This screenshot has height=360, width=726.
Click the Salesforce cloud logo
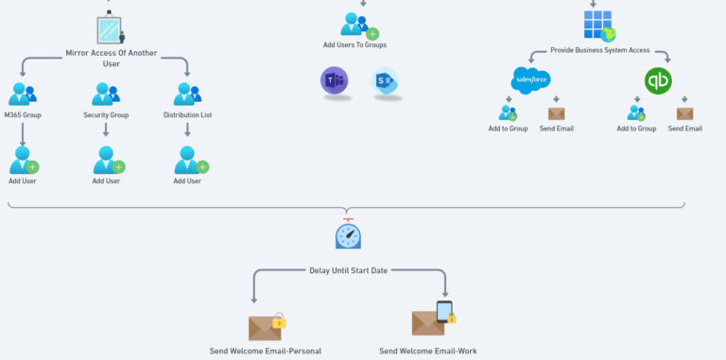[530, 80]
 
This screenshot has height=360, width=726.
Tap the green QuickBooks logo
[658, 81]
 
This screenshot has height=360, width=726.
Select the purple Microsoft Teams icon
[334, 81]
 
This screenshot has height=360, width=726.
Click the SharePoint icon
[385, 81]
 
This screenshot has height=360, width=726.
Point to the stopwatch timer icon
[348, 232]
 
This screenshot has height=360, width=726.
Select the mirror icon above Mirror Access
[110, 29]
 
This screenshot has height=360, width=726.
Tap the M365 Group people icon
[22, 94]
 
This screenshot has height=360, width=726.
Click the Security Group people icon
[106, 94]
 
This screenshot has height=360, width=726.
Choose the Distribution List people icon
[187, 94]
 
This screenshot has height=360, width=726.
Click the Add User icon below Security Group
[108, 161]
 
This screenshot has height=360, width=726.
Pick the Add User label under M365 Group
[23, 180]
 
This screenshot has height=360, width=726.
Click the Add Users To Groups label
[354, 44]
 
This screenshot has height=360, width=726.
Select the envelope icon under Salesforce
[556, 113]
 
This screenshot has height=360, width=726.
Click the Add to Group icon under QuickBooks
[636, 113]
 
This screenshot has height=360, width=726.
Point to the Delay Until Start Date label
[349, 270]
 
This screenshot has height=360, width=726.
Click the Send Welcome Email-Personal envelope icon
[266, 327]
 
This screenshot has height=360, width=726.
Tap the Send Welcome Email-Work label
[428, 351]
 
